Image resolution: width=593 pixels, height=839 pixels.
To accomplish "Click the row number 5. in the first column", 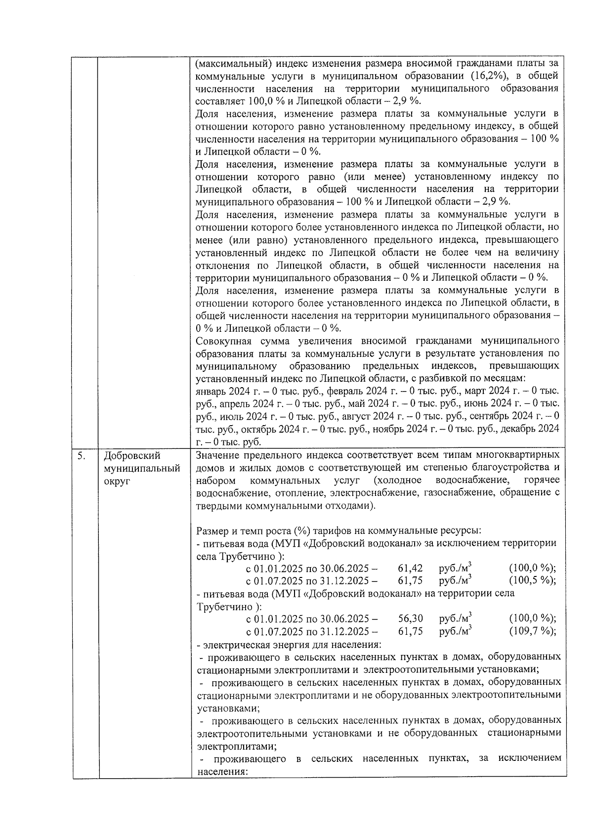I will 81,455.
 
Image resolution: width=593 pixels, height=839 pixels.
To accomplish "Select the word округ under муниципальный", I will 117,481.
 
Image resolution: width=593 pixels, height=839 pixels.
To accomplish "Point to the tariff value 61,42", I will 410,568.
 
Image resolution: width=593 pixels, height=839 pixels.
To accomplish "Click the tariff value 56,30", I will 410,618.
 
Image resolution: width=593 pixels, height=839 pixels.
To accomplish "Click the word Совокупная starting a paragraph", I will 223,341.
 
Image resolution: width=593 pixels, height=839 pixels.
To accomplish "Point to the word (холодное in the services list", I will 398,480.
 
